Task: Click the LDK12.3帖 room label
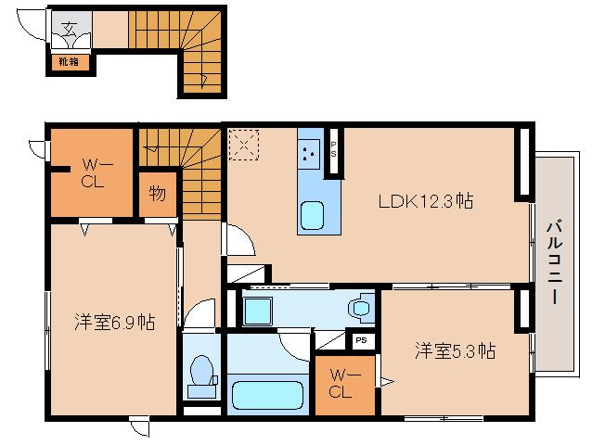[x=425, y=200]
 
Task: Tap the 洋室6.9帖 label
[x=115, y=323]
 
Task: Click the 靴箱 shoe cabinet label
[x=71, y=62]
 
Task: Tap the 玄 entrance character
[x=71, y=26]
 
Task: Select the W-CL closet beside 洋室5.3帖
[x=345, y=383]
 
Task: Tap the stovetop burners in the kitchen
[x=310, y=153]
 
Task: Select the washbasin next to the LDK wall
[x=359, y=305]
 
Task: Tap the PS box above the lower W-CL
[x=361, y=341]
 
